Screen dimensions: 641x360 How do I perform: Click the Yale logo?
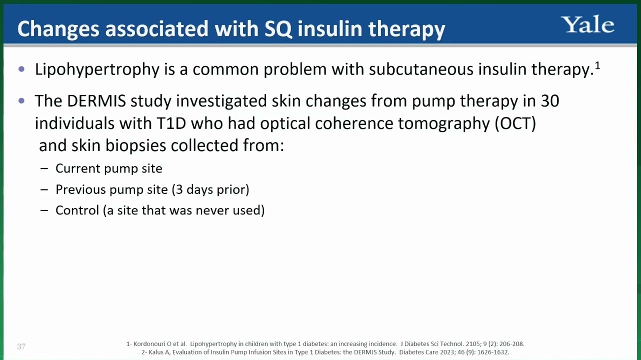(587, 24)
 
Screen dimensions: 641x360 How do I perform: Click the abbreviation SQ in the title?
(278, 29)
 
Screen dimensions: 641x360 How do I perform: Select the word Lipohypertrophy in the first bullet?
(97, 69)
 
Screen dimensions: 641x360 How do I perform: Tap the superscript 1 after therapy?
(597, 66)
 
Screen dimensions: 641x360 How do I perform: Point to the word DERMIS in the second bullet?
(96, 100)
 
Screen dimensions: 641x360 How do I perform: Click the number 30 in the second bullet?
(550, 101)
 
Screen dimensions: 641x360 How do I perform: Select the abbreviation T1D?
(171, 123)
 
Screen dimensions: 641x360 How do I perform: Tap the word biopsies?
(136, 145)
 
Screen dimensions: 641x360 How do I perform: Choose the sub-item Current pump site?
(108, 168)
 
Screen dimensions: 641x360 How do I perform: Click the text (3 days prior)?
(210, 189)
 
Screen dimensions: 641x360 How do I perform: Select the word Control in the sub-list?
(77, 210)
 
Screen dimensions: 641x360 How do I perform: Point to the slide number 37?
(21, 346)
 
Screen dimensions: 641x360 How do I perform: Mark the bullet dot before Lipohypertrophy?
(21, 69)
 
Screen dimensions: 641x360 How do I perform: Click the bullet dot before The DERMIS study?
(21, 100)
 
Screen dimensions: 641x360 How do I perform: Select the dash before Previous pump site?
(44, 189)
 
